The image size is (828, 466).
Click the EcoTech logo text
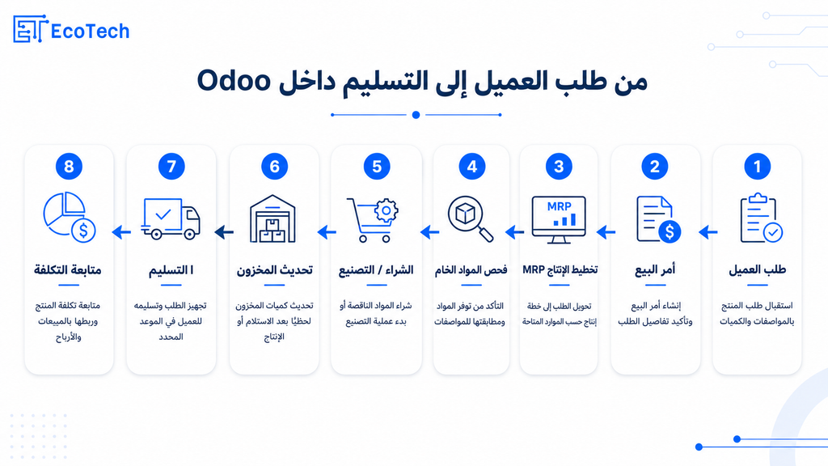(90, 32)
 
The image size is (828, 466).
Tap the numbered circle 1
(757, 167)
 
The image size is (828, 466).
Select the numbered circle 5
(377, 167)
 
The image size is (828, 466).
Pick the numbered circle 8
(69, 167)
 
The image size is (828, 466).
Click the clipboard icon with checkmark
(761, 218)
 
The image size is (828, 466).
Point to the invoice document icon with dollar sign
(658, 219)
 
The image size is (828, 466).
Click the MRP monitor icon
(559, 219)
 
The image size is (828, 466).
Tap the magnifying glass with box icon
(471, 218)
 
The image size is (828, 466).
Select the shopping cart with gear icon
(372, 220)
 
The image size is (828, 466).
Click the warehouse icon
(272, 218)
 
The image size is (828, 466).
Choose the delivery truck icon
(171, 218)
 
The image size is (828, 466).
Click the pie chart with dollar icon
(70, 217)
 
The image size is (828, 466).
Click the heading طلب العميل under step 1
(757, 269)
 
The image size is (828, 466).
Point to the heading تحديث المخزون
(274, 270)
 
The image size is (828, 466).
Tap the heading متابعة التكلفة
(68, 270)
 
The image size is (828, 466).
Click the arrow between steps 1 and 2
(708, 231)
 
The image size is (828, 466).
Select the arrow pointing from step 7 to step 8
(121, 231)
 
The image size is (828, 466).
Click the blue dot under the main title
(416, 115)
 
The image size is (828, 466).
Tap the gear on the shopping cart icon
(386, 211)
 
